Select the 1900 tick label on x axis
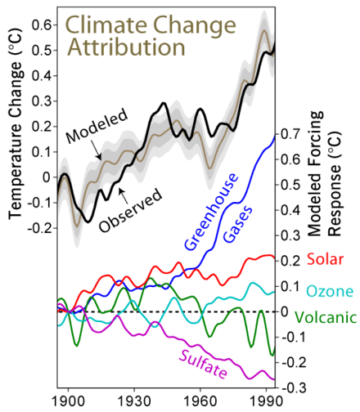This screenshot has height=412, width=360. point(69,402)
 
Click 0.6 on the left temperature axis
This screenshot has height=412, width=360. point(38,26)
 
